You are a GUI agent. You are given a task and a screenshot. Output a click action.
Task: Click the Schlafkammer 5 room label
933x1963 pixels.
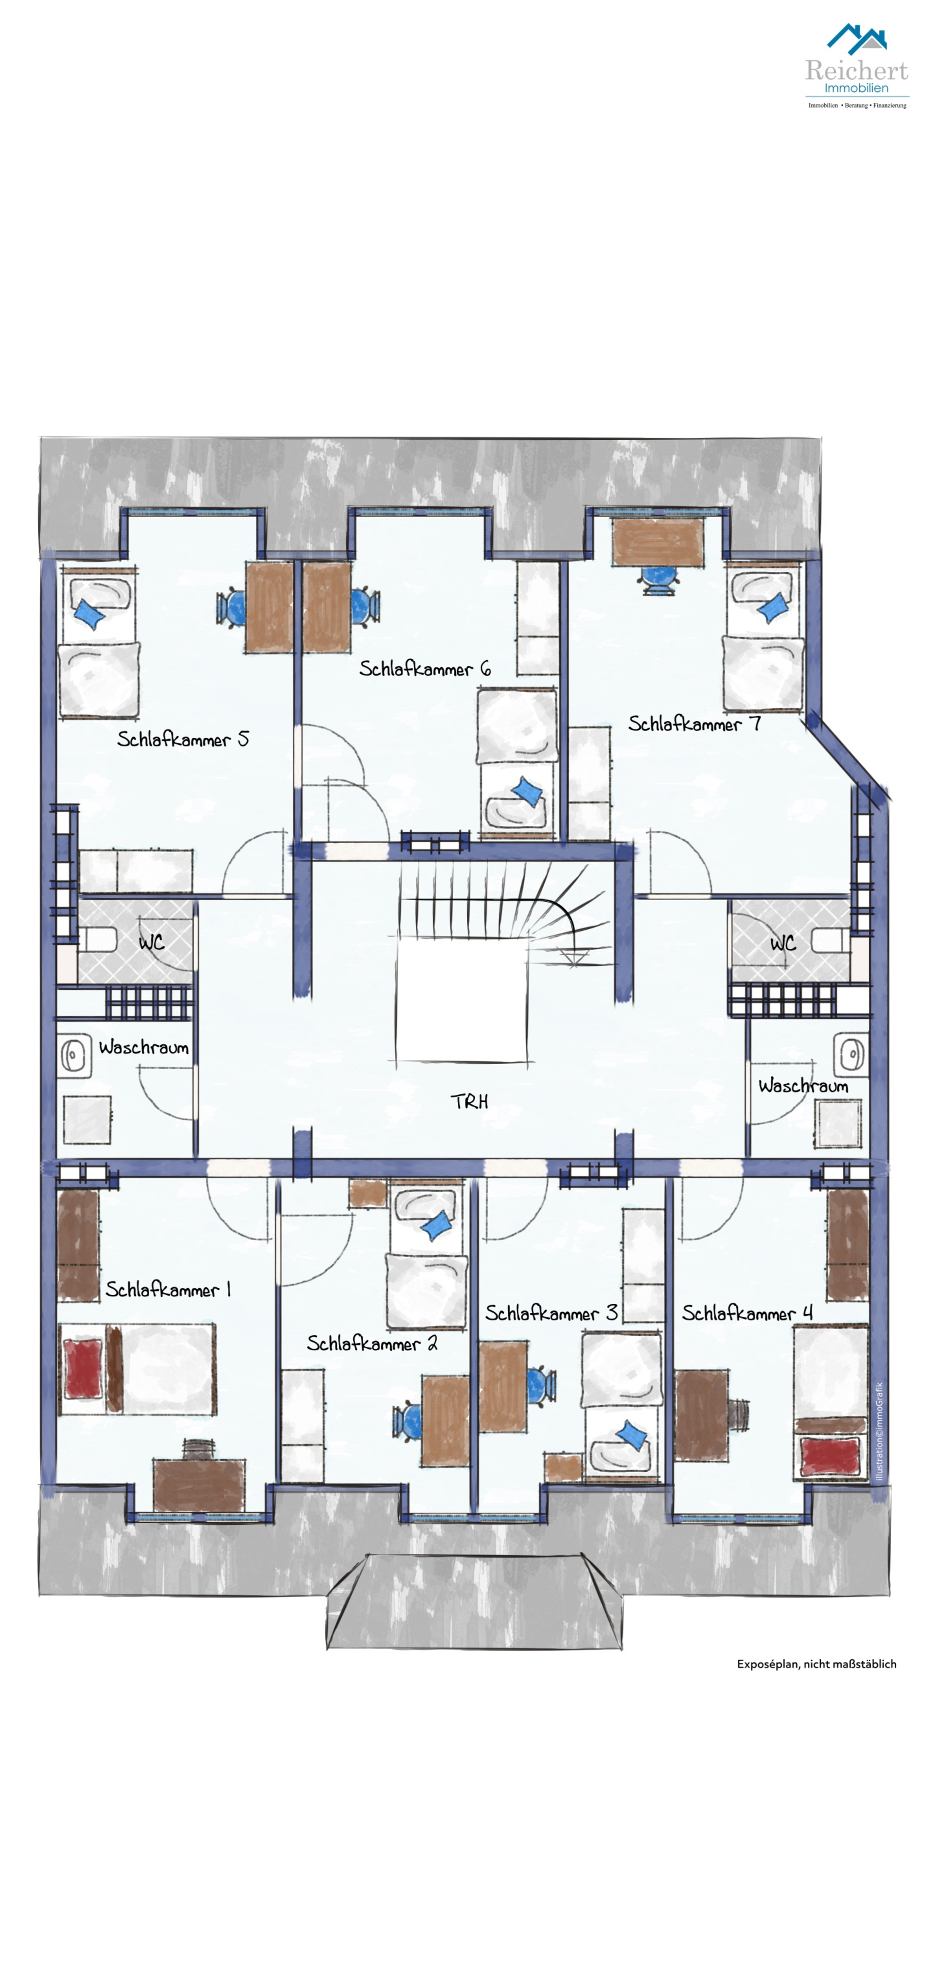click(183, 739)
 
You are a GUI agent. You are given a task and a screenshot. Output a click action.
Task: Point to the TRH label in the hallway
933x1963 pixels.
click(470, 1101)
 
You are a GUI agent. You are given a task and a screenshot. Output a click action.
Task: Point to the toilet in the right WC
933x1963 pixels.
click(831, 940)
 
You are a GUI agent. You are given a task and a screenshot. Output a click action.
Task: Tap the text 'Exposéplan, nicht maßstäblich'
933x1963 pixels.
click(816, 1664)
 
